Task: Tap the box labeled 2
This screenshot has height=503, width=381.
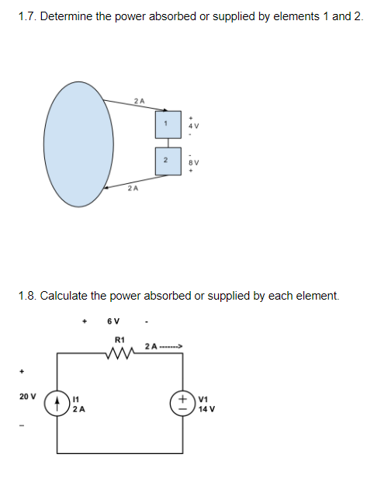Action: [x=165, y=159]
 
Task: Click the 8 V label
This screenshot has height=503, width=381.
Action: [x=195, y=163]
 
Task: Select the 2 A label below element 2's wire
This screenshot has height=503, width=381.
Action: [x=133, y=188]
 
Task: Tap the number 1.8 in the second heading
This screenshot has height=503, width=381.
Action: [x=27, y=296]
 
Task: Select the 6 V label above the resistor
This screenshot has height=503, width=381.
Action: [x=113, y=321]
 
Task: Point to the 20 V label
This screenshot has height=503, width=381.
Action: [x=26, y=396]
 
